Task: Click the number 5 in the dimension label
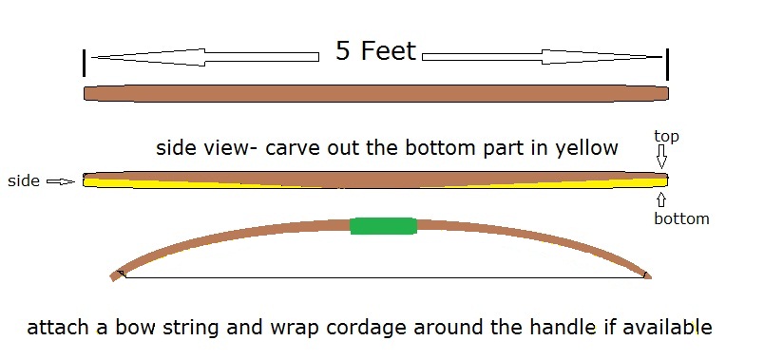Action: pos(344,51)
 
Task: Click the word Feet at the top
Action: pos(388,51)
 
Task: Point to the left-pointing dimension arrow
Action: pos(205,57)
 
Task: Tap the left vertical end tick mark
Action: pos(86,63)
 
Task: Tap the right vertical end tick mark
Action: pos(667,63)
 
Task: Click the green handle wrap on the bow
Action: pos(383,226)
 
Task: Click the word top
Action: pos(667,137)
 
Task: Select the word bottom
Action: pos(681,218)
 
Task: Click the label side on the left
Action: pos(24,180)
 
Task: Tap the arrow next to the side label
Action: pos(60,181)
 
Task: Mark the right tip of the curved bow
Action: pos(648,275)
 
